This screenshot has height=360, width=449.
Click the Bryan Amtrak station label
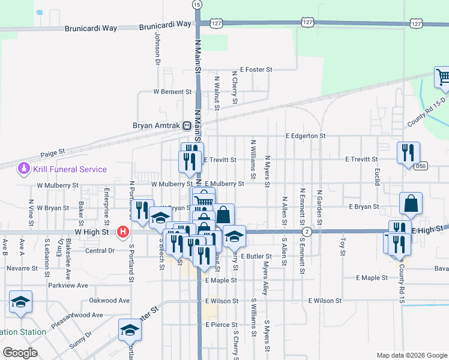pos(157,126)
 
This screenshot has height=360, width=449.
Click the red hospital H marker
pos(123,231)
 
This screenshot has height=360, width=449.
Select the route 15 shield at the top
pos(197,4)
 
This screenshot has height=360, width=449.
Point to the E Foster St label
pos(256,70)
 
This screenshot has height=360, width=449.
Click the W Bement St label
pos(172,92)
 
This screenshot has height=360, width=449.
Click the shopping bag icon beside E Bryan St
pos(411,203)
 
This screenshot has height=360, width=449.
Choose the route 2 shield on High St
pos(307,231)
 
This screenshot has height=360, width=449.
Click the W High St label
pos(91,231)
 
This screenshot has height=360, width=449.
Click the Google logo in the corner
pos(20,353)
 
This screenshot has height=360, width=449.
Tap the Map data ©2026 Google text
pos(411,355)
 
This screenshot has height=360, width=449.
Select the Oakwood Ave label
pos(109,300)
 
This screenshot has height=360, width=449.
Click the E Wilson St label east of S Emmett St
pos(325,300)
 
